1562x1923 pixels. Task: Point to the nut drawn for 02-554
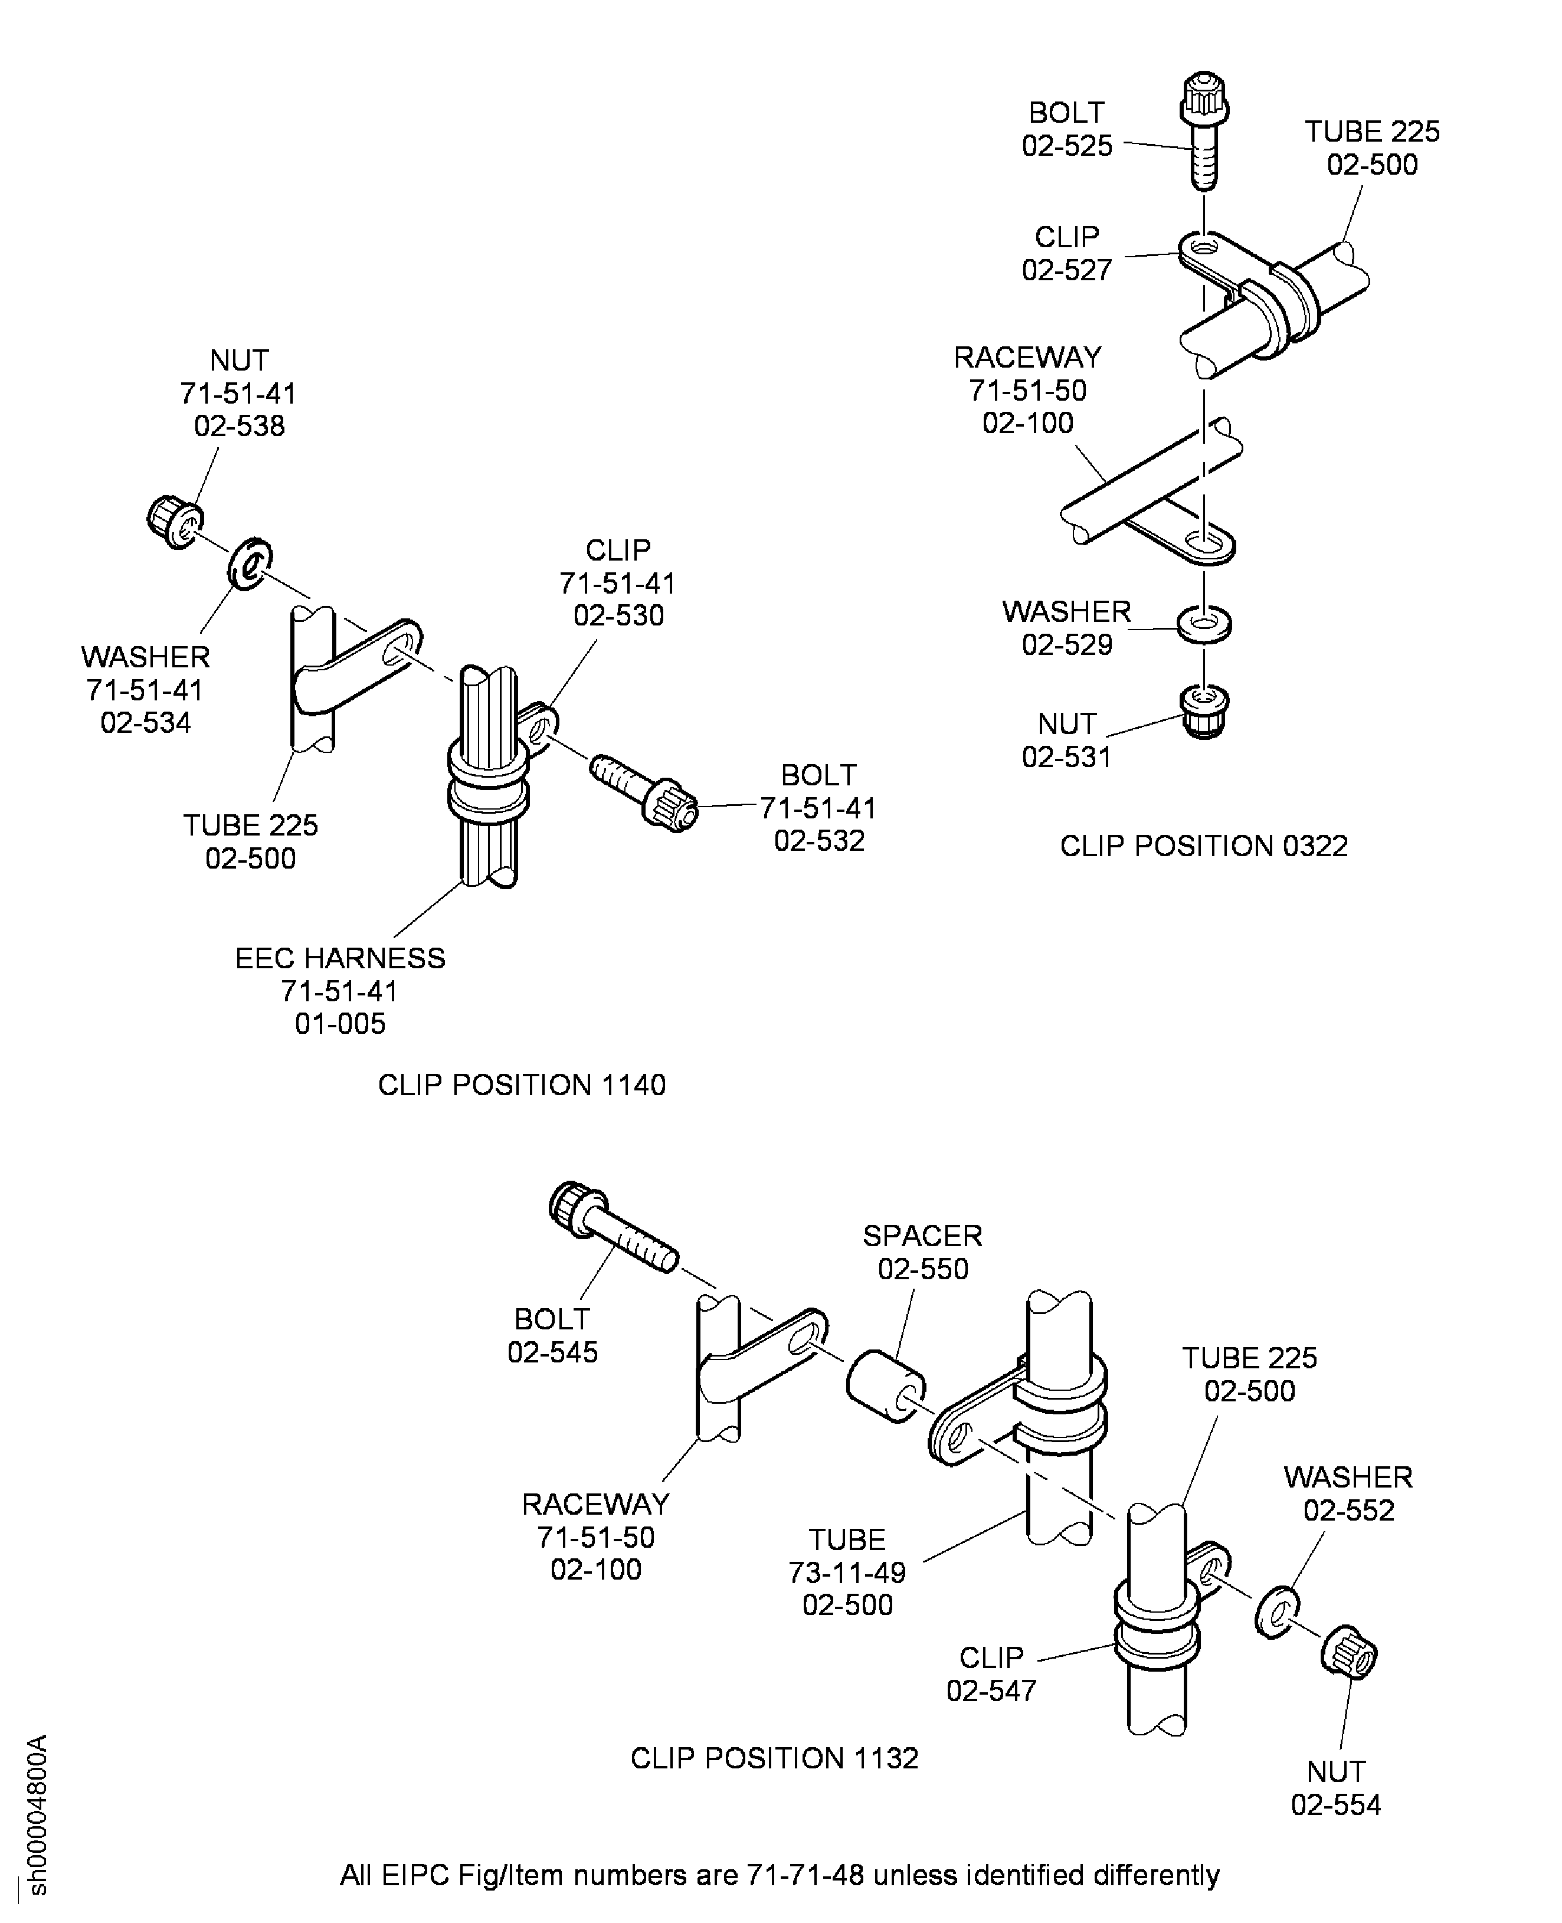tap(1349, 1652)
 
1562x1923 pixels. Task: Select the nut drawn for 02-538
tap(175, 520)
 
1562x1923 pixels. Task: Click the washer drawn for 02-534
tap(249, 564)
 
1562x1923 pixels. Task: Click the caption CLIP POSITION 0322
tap(1203, 846)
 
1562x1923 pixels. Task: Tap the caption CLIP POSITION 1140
tap(521, 1085)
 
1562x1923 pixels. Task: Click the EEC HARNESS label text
tap(339, 958)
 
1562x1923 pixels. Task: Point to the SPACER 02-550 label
tap(922, 1252)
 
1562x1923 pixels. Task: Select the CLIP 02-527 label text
tap(1066, 253)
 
